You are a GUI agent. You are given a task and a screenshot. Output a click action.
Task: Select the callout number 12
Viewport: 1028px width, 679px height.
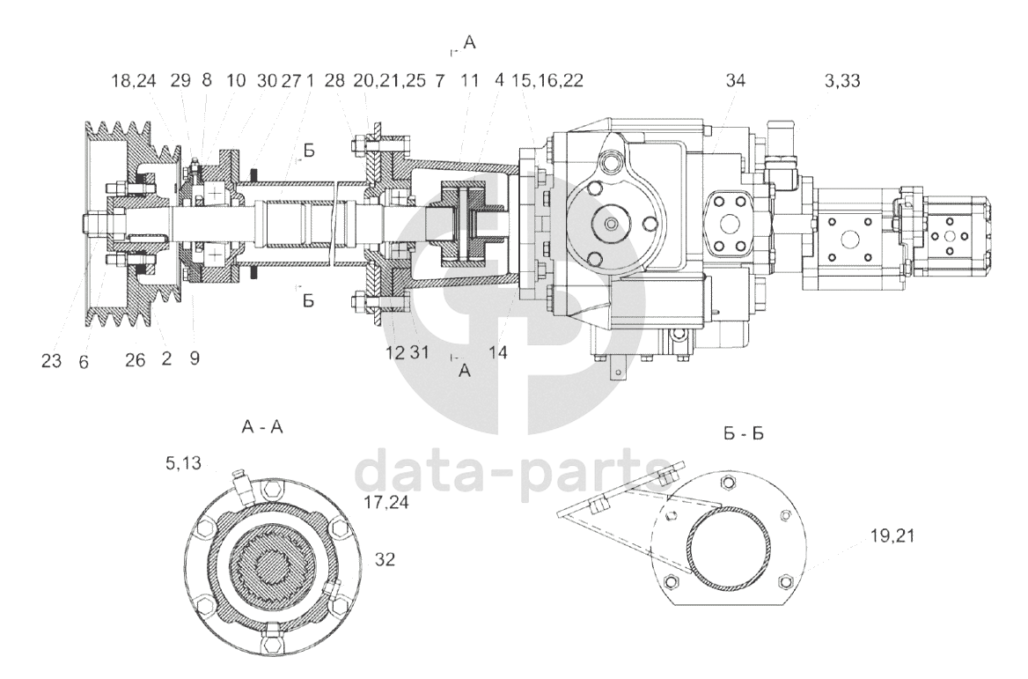tap(393, 352)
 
